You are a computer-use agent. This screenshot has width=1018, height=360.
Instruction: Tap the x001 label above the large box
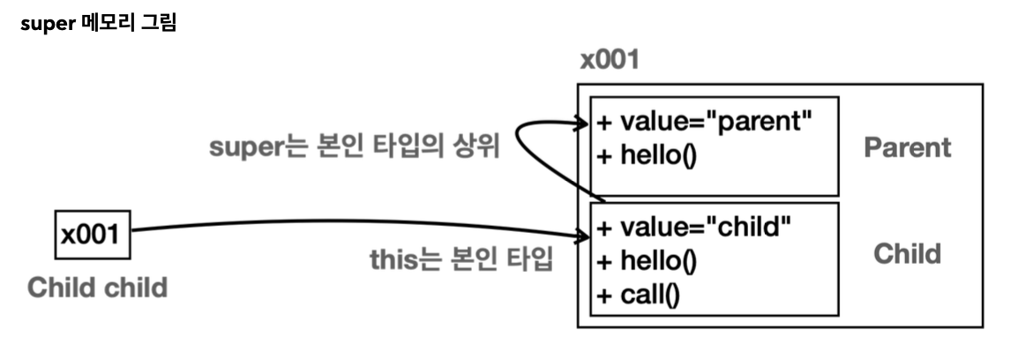[610, 63]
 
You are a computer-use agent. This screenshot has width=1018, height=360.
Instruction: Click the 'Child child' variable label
[97, 288]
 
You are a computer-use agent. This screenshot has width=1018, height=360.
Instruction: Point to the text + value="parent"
[703, 120]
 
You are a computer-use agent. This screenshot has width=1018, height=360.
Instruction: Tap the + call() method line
[638, 295]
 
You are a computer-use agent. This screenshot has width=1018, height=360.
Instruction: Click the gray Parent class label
[908, 146]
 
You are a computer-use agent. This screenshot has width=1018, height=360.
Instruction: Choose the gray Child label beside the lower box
[907, 254]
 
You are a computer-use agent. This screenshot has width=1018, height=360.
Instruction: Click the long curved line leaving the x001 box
[353, 222]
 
